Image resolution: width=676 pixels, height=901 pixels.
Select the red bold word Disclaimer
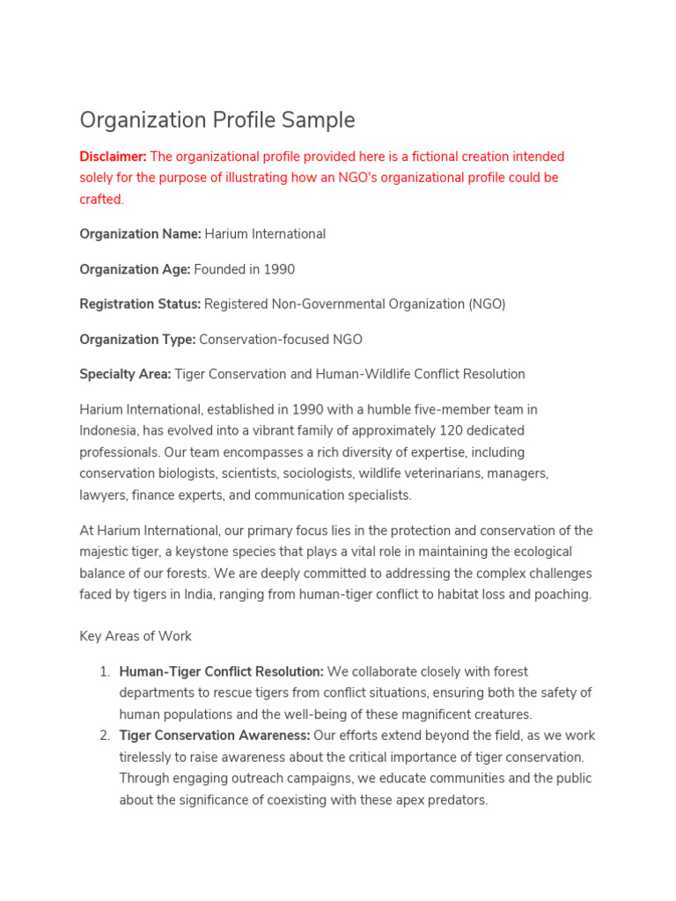coord(113,157)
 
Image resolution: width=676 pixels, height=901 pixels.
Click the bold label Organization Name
coord(140,234)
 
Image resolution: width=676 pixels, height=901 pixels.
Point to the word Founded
coord(219,269)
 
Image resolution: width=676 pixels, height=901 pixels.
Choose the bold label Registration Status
coord(140,304)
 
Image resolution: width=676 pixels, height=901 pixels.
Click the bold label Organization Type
coord(138,340)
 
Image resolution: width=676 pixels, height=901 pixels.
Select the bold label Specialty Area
coord(125,374)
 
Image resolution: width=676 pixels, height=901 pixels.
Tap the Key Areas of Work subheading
coord(136,636)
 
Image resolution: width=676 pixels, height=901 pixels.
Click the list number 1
coord(104,672)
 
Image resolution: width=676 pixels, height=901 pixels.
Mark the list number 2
coord(104,736)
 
